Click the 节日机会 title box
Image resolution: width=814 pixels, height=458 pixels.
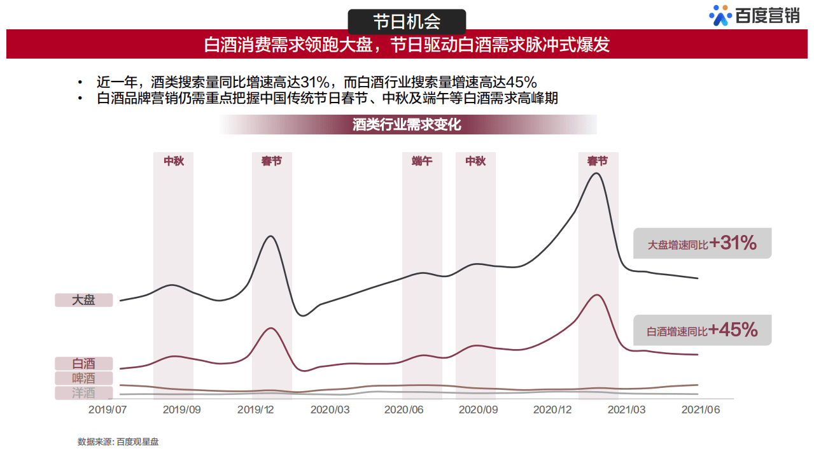click(x=407, y=22)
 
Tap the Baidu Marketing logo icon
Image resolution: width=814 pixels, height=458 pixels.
click(x=720, y=16)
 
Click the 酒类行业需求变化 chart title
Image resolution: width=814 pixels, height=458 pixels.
click(x=407, y=125)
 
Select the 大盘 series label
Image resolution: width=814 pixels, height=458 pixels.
click(x=83, y=299)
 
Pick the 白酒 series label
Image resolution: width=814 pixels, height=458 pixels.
click(x=83, y=364)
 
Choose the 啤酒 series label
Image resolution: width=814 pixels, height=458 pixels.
click(x=83, y=378)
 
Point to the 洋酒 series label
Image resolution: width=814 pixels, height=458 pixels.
click(x=83, y=393)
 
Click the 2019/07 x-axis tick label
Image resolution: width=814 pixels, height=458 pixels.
click(x=108, y=410)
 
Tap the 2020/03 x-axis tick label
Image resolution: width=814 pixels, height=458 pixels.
click(x=330, y=410)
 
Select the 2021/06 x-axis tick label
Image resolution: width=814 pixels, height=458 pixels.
click(x=700, y=410)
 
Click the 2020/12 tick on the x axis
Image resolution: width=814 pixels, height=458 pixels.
click(x=552, y=410)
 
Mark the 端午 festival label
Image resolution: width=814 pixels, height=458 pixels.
click(x=421, y=161)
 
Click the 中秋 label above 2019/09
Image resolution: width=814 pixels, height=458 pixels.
click(x=173, y=161)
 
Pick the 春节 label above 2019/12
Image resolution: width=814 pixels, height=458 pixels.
click(x=272, y=161)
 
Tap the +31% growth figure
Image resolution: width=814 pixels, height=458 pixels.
click(x=733, y=243)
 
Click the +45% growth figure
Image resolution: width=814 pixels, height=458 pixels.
click(x=733, y=330)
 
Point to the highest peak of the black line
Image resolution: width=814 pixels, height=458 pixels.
click(x=596, y=173)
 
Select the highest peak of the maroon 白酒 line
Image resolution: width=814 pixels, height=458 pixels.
click(x=596, y=295)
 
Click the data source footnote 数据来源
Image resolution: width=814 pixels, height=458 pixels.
click(x=118, y=441)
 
